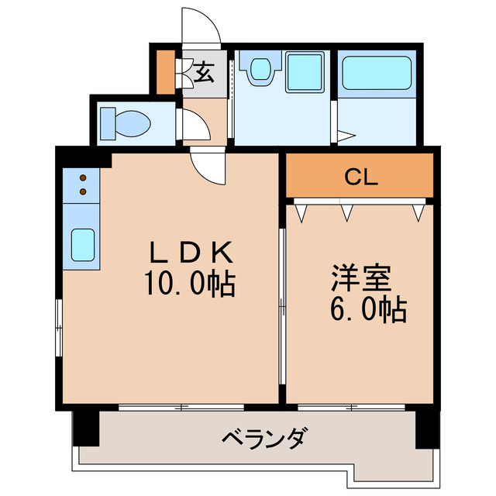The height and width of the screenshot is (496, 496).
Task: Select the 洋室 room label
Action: (358, 278)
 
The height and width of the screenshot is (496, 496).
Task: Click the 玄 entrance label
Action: (204, 74)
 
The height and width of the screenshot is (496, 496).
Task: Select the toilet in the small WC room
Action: (128, 123)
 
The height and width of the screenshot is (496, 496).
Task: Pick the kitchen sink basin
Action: (83, 246)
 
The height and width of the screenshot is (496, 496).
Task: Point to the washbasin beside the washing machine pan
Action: (258, 71)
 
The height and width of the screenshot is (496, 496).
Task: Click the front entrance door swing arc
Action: (202, 27)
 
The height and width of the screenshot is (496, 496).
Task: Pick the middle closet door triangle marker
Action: (347, 210)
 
